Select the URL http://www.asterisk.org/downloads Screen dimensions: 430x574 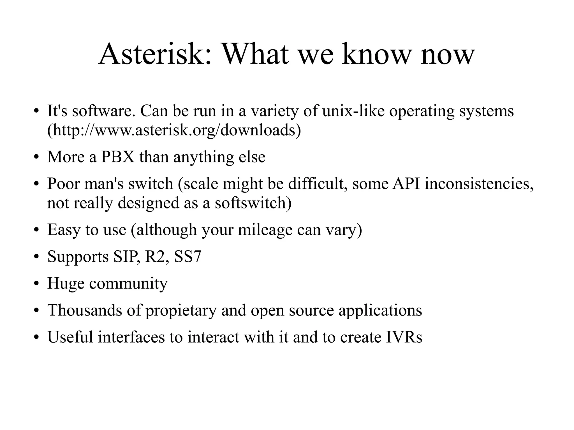(x=174, y=130)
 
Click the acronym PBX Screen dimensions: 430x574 (x=118, y=157)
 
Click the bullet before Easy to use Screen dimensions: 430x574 (x=36, y=230)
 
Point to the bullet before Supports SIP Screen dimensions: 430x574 (x=36, y=257)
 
